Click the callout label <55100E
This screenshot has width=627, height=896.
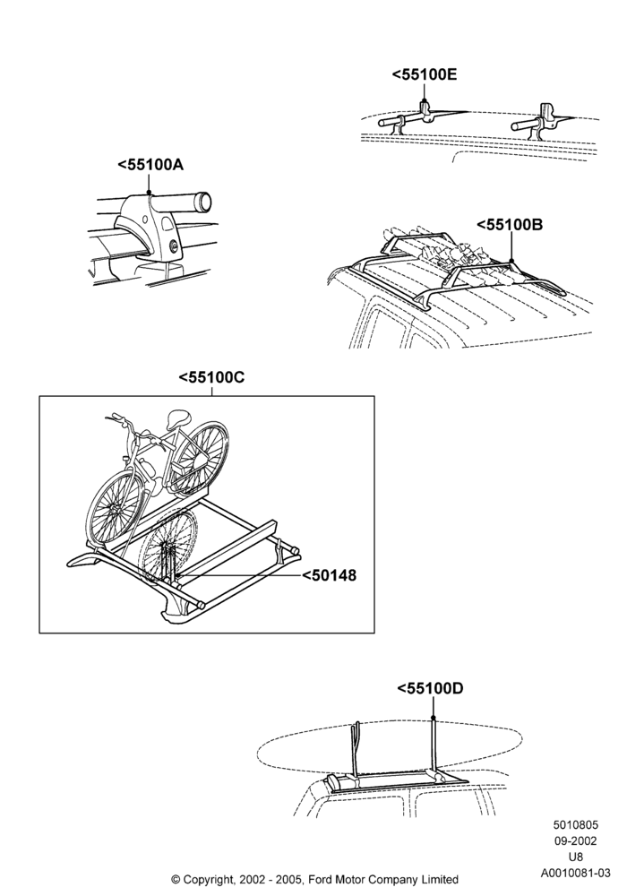point(425,74)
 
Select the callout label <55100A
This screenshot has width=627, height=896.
point(150,165)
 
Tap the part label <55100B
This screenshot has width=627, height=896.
point(510,225)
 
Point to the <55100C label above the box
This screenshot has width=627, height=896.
point(212,377)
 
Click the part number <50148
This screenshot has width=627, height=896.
point(329,575)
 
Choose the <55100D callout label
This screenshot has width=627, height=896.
point(430,688)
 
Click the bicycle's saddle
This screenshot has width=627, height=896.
point(178,418)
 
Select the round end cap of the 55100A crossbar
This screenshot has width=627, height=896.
point(202,201)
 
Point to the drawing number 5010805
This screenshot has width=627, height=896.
point(576,824)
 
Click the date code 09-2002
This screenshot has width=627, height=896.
point(576,840)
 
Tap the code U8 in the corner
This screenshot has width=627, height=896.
point(576,857)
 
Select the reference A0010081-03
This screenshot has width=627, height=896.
point(576,873)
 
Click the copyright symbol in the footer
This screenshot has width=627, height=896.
point(176,880)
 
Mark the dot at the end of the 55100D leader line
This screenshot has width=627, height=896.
point(434,718)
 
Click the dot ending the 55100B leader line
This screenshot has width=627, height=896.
point(511,261)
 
